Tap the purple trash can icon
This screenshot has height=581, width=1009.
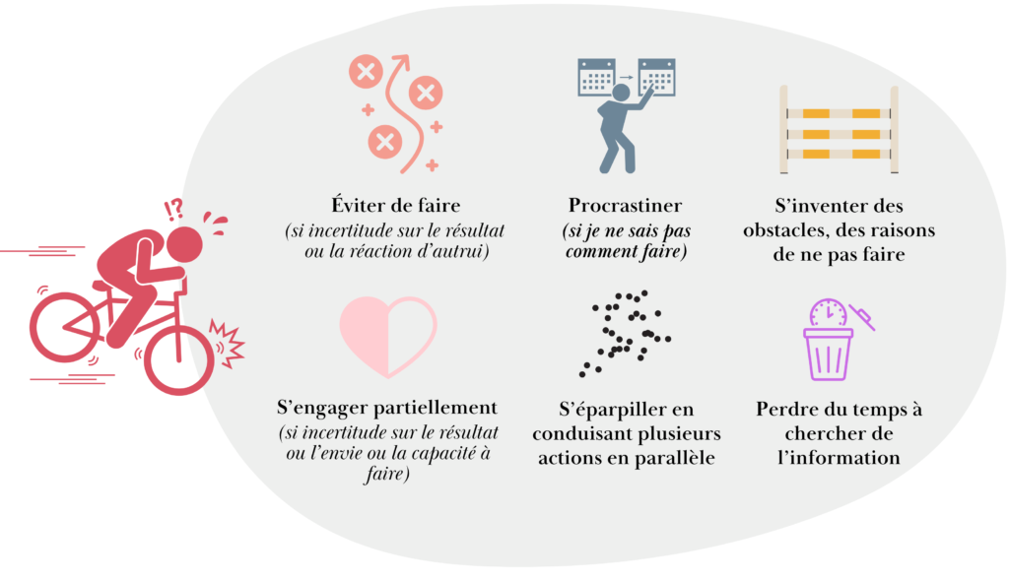828,354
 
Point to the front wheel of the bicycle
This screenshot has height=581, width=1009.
178,359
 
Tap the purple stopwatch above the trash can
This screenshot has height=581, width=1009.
828,313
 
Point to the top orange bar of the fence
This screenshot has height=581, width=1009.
839,112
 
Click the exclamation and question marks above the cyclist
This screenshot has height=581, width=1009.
173,208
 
